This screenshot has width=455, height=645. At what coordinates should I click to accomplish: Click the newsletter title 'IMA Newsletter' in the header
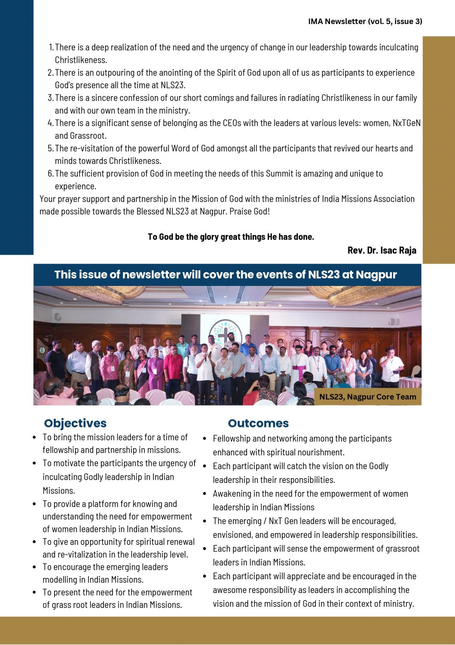coord(336,21)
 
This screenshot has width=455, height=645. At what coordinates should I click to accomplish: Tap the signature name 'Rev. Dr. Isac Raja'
coord(382,250)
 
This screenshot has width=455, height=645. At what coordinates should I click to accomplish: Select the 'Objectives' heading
coord(75,423)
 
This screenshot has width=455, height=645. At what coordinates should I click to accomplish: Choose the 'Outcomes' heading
coord(258,423)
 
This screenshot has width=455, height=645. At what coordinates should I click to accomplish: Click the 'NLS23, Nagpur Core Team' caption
coord(367,397)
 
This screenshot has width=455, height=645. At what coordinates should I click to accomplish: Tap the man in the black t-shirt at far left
coord(56,361)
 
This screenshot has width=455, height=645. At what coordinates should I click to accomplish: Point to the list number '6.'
coord(51,174)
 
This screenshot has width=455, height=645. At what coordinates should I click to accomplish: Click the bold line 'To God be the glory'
coord(231,237)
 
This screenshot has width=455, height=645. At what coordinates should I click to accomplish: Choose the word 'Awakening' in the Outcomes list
coord(232,494)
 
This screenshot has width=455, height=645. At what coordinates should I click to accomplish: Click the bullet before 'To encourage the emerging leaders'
coord(34,567)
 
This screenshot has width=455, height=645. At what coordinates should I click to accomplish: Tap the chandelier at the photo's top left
coord(103,293)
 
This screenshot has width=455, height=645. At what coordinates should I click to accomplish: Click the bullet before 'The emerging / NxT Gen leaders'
coord(205,521)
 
